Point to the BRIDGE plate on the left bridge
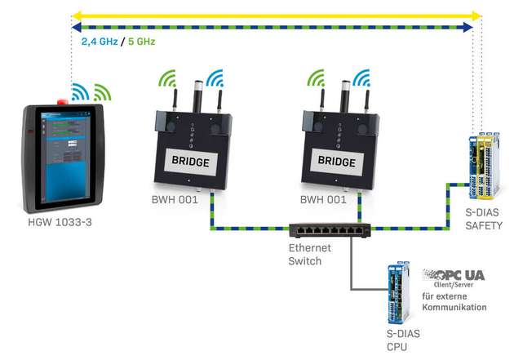[x=189, y=161]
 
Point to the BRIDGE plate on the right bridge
[x=335, y=161]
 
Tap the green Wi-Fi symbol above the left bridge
[x=166, y=78]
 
